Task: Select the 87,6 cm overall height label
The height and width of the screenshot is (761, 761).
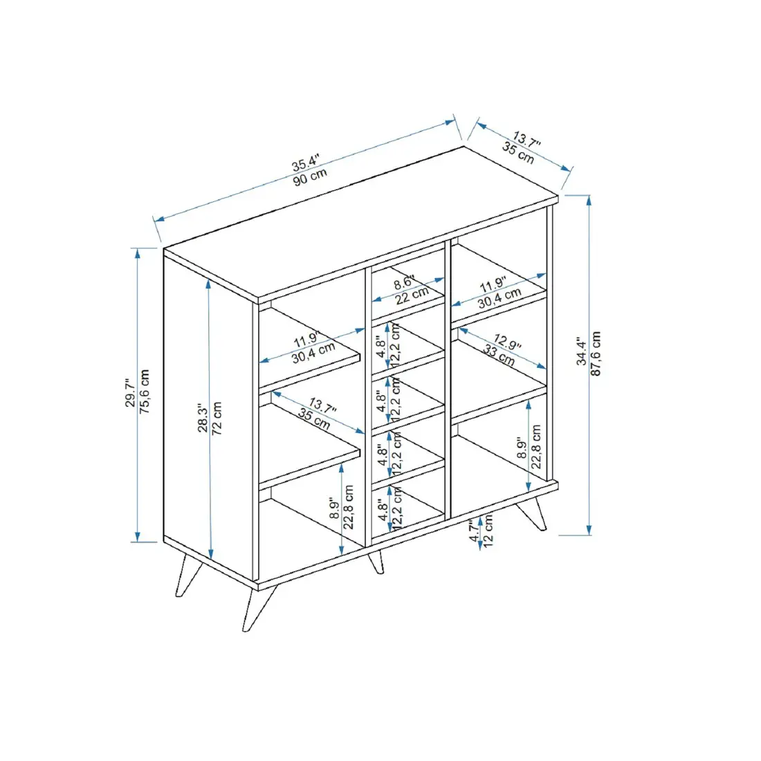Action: pyautogui.click(x=596, y=354)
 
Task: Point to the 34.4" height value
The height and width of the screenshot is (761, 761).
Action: pyautogui.click(x=582, y=352)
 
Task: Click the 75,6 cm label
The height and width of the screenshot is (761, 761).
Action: pyautogui.click(x=145, y=392)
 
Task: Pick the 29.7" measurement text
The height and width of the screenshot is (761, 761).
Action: pyautogui.click(x=129, y=393)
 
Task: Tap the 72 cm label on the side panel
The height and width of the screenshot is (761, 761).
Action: pyautogui.click(x=217, y=418)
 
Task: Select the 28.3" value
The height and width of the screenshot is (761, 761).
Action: pyautogui.click(x=202, y=419)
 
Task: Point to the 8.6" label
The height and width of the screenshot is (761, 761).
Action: pyautogui.click(x=404, y=283)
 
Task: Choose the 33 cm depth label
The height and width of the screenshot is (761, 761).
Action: pyautogui.click(x=498, y=356)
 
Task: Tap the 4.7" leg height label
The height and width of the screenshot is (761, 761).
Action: pyautogui.click(x=474, y=531)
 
